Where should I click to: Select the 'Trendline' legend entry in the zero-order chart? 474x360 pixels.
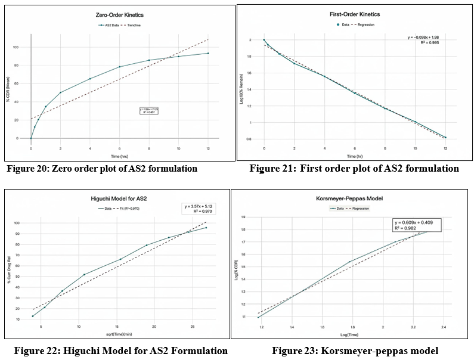pos(141,26)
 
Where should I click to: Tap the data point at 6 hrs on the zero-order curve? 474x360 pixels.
pos(119,67)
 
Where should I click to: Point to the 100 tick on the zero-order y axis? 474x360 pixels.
pos(23,47)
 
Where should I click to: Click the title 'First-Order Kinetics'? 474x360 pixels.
pos(355,14)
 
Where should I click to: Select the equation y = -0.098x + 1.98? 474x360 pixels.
pos(423,38)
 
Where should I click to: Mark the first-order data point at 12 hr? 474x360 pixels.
pos(445,138)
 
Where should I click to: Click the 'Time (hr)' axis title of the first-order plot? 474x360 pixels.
pos(354,155)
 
